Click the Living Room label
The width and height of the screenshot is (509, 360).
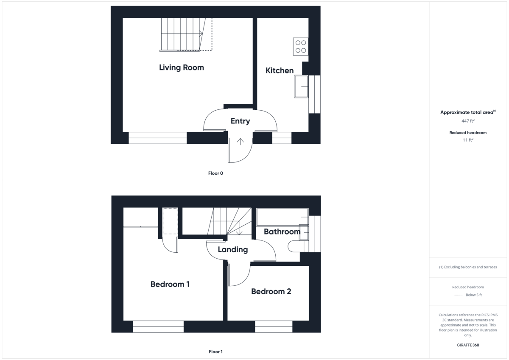(181, 67)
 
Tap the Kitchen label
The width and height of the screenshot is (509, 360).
(280, 70)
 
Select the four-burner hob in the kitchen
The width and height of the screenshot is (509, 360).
(301, 46)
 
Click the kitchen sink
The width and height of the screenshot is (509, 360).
(301, 87)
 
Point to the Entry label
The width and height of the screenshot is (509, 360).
(240, 121)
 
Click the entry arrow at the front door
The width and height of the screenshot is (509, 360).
(241, 142)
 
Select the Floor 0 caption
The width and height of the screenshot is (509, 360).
(215, 173)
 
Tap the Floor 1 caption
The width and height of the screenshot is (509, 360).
(215, 352)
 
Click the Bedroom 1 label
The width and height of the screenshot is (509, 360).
(170, 284)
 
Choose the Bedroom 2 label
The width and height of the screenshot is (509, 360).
(271, 291)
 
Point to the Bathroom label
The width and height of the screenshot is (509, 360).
(282, 232)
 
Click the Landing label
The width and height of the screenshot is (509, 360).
(232, 249)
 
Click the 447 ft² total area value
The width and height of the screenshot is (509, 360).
(468, 121)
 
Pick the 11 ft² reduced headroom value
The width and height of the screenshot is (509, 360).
(468, 140)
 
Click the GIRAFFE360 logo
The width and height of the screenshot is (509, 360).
(468, 345)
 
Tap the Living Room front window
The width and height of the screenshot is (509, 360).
(157, 138)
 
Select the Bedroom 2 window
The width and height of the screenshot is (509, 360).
(274, 327)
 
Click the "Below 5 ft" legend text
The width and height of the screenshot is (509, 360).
(473, 295)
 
